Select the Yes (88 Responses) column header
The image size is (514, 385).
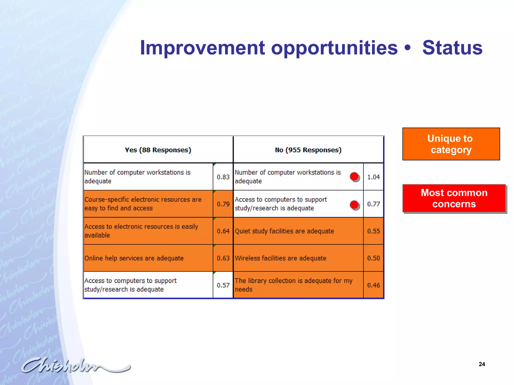[x=158, y=150]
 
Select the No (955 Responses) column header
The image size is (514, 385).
[x=308, y=150]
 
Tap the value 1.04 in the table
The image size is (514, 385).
[x=373, y=177]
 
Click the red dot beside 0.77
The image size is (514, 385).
[x=354, y=205]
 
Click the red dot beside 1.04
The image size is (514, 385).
[x=354, y=177]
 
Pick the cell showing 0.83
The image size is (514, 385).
[x=223, y=177]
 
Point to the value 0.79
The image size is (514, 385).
[x=223, y=204]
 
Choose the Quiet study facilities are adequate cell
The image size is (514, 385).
[x=284, y=231]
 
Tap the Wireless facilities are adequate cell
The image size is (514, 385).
[x=281, y=258]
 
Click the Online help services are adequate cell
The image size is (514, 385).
[x=134, y=258]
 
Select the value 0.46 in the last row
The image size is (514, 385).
[x=373, y=285]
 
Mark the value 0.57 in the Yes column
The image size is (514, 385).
[x=223, y=285]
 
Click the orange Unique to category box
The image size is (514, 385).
[x=451, y=144]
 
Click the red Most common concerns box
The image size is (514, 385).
[x=454, y=198]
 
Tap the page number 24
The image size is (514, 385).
[x=482, y=364]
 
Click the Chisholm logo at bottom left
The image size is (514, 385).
[x=75, y=365]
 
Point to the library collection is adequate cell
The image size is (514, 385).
[x=294, y=285]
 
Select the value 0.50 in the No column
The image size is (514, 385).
[x=373, y=258]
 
